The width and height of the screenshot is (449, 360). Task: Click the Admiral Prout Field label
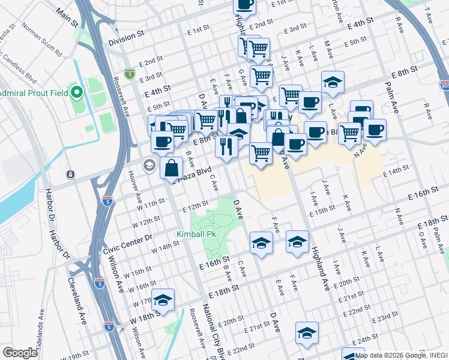pos(34,93)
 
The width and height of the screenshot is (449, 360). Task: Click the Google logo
pos(20,353)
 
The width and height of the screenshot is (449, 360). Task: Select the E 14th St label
pos(397,171)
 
